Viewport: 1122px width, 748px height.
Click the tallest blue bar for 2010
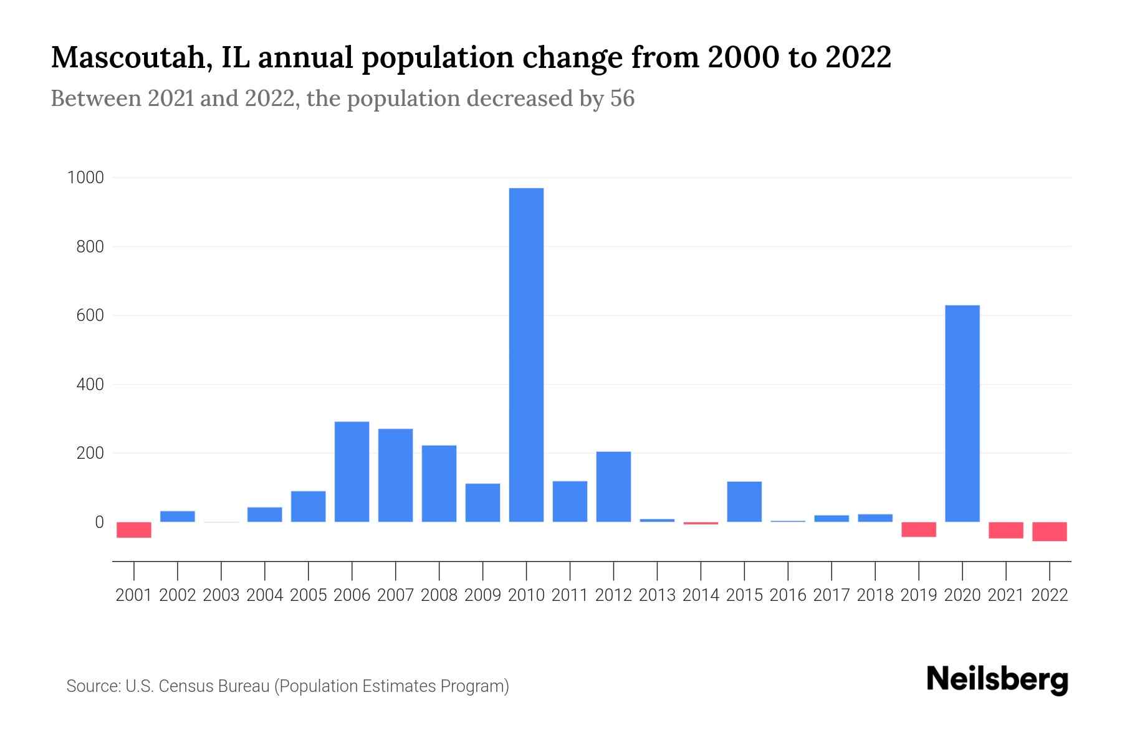(526, 355)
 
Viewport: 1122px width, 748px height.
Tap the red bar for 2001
(134, 530)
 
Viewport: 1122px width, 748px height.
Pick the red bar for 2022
(1049, 532)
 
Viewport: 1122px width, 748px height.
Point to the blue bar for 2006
(352, 472)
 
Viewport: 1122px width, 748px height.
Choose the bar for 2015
(744, 502)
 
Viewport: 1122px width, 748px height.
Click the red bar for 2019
(918, 529)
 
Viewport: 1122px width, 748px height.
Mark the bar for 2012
(613, 487)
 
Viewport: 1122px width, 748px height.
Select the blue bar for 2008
(439, 484)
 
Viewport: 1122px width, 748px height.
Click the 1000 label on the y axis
(85, 178)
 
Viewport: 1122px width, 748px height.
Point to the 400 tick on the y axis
(90, 385)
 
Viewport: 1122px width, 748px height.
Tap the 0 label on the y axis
(98, 522)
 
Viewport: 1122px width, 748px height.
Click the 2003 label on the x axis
(221, 595)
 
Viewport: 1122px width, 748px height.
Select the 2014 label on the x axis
(701, 595)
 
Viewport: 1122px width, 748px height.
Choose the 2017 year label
(832, 595)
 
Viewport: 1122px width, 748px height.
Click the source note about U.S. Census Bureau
(287, 686)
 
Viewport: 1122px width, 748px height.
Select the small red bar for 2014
(701, 524)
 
